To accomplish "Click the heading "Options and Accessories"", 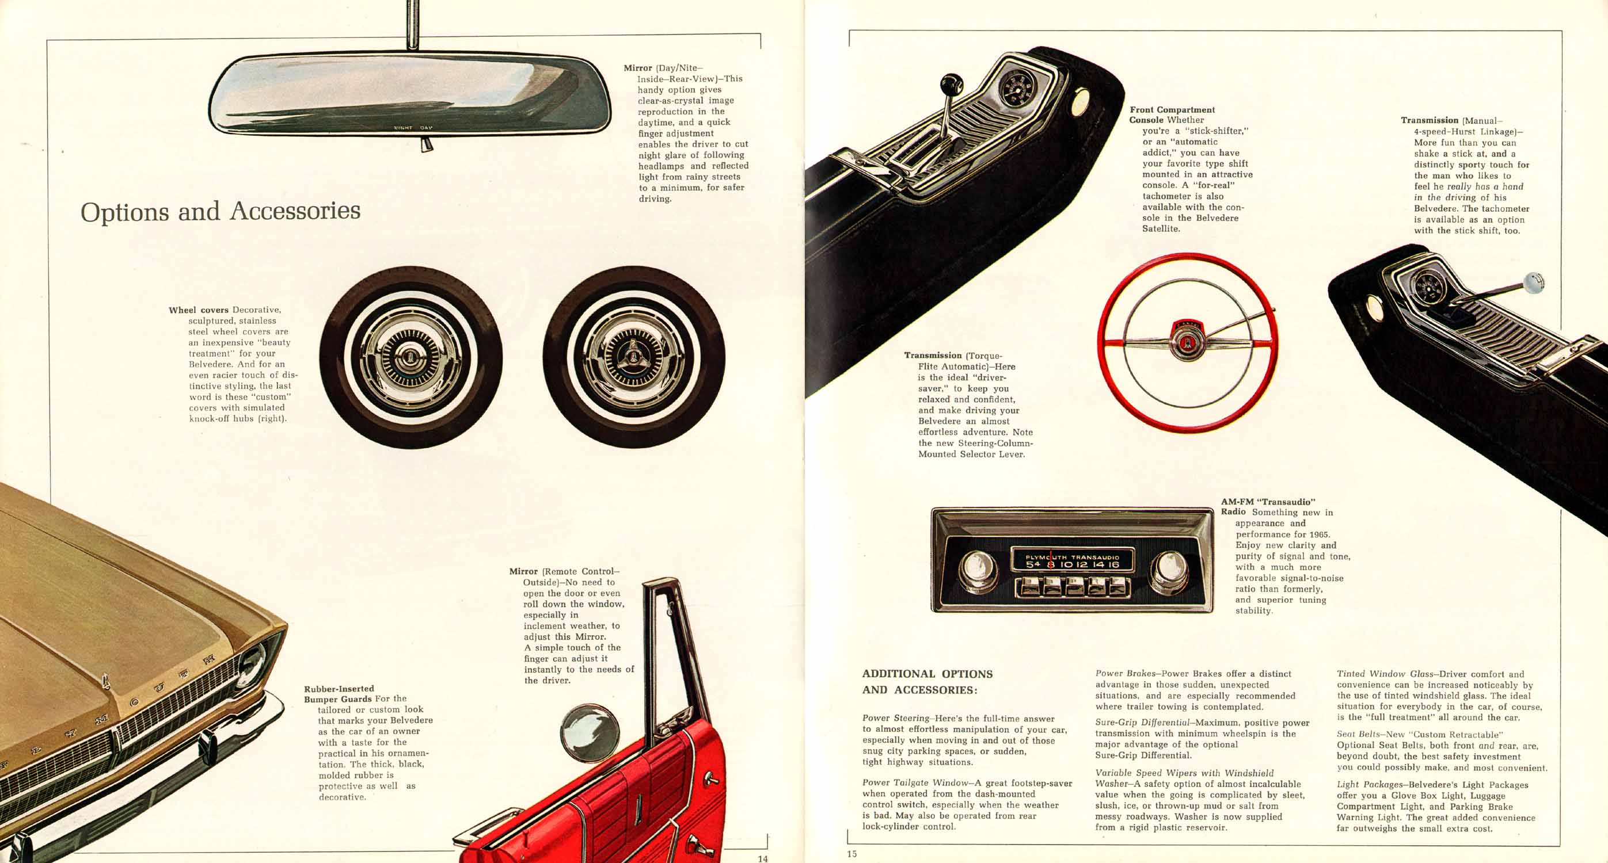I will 221,211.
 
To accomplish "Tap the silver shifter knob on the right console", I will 1533,282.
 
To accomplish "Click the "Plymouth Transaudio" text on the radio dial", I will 1073,556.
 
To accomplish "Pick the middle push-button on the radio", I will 1074,587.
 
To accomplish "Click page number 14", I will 763,858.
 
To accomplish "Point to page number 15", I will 852,854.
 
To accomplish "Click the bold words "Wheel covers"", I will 199,310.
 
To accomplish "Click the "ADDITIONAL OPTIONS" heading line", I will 927,674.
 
